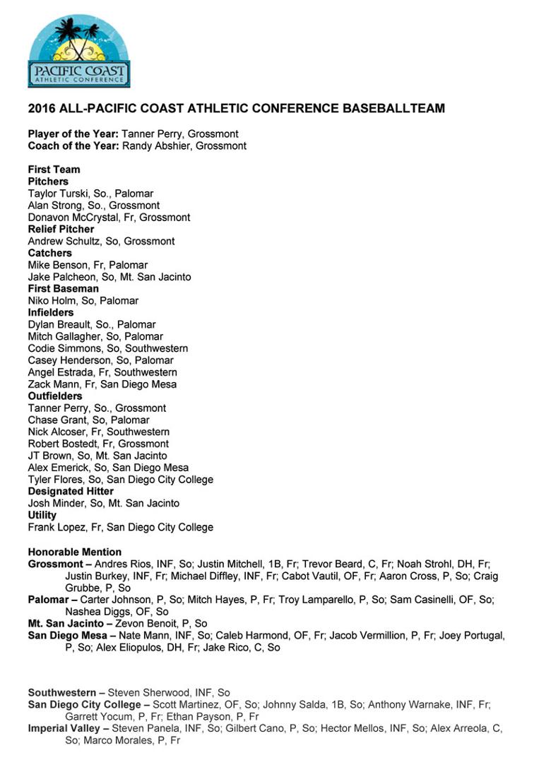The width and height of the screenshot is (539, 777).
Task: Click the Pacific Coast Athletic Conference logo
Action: click(x=78, y=52)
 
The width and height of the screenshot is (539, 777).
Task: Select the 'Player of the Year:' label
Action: click(x=73, y=134)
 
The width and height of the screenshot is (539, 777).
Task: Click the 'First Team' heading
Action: click(x=54, y=170)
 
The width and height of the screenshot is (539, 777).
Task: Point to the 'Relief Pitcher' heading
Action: click(x=61, y=229)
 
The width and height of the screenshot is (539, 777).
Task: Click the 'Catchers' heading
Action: click(x=49, y=253)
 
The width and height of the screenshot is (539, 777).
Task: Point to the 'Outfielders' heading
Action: click(x=55, y=396)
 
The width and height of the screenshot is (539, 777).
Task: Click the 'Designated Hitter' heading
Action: click(x=71, y=492)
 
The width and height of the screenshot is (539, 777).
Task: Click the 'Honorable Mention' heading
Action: click(x=74, y=552)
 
